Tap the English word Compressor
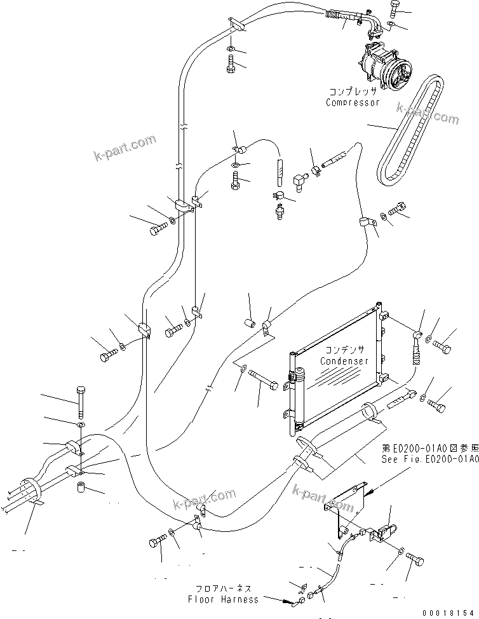353,102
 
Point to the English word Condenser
344,361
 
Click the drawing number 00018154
448,611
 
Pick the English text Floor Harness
223,599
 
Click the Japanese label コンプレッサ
353,92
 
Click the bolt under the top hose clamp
231,64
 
